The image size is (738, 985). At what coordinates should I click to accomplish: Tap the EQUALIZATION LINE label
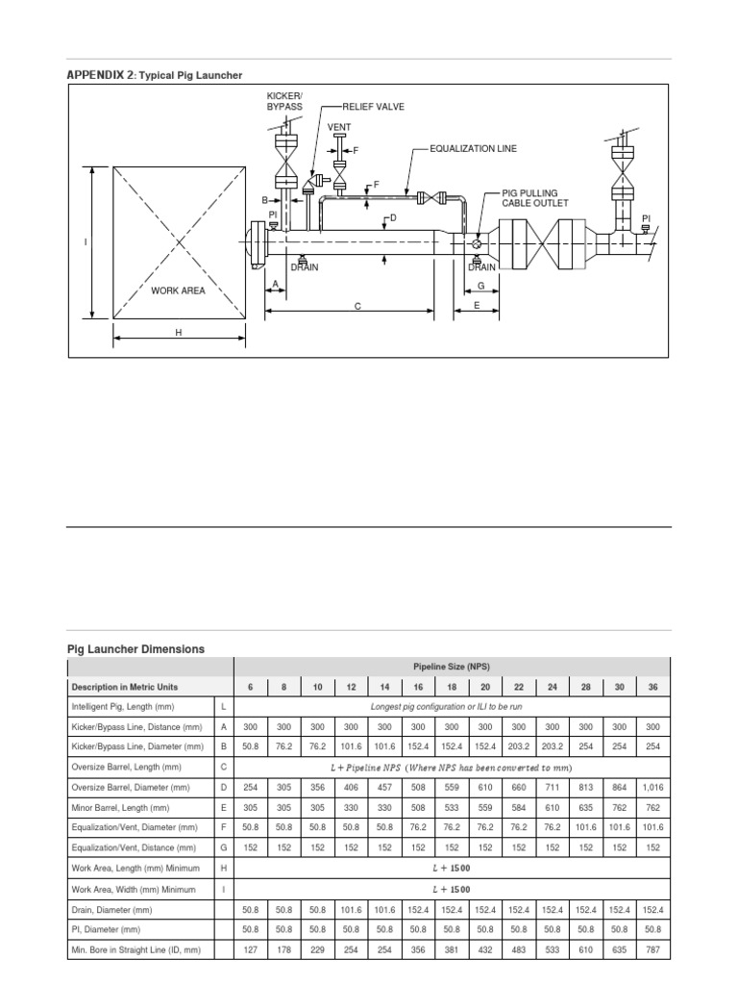473,149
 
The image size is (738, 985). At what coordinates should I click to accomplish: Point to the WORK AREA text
178,290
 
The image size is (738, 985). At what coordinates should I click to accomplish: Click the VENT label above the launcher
339,127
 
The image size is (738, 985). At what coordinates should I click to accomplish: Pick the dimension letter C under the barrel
357,307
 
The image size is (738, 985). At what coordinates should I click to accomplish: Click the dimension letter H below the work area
178,332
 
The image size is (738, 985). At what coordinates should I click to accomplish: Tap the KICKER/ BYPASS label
284,101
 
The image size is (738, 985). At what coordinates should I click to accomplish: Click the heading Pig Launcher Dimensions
135,649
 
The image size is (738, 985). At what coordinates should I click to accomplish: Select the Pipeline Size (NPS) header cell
451,666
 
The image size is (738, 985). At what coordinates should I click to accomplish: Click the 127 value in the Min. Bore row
251,948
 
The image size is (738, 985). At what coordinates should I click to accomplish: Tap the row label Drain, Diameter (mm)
112,908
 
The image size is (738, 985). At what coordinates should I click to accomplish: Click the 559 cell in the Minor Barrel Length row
484,807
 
